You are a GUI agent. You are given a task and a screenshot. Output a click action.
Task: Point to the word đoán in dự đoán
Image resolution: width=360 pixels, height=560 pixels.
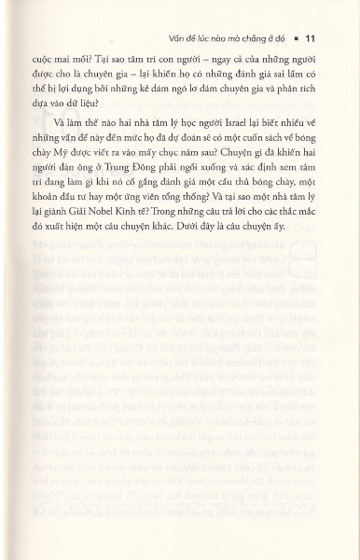click(x=177, y=155)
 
